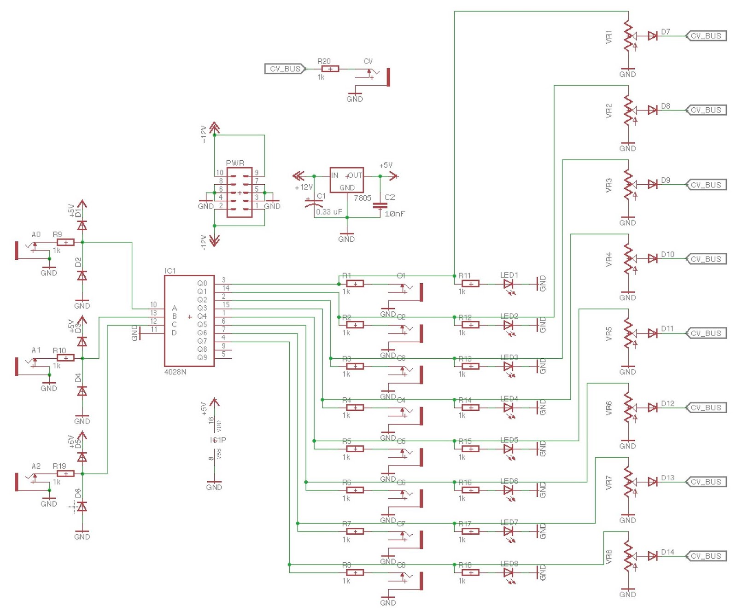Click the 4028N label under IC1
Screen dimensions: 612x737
pyautogui.click(x=175, y=372)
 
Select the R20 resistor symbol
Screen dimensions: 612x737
pyautogui.click(x=330, y=69)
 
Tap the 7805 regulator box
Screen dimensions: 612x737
pyautogui.click(x=346, y=180)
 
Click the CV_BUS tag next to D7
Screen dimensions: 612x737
pyautogui.click(x=706, y=36)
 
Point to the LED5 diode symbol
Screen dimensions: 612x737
pyautogui.click(x=509, y=449)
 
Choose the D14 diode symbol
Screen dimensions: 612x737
pyautogui.click(x=652, y=556)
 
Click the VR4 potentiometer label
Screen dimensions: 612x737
pyautogui.click(x=608, y=259)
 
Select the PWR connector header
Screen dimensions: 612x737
pyautogui.click(x=240, y=192)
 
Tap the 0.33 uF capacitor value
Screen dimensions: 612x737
pyautogui.click(x=329, y=212)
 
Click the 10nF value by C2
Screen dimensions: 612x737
pyautogui.click(x=395, y=214)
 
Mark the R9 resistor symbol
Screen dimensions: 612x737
pyautogui.click(x=66, y=242)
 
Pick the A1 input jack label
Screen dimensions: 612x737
pyautogui.click(x=36, y=350)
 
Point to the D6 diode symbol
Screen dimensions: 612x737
pyautogui.click(x=82, y=507)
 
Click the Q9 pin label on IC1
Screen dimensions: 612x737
pyautogui.click(x=202, y=357)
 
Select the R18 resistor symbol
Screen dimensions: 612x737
pyautogui.click(x=470, y=572)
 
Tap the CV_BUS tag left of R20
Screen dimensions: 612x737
pyautogui.click(x=285, y=69)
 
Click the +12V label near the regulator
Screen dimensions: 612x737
pyautogui.click(x=304, y=187)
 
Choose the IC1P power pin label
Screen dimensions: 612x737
pyautogui.click(x=218, y=440)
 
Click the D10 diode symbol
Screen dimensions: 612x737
pyautogui.click(x=652, y=259)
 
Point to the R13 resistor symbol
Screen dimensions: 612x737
pyautogui.click(x=470, y=367)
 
